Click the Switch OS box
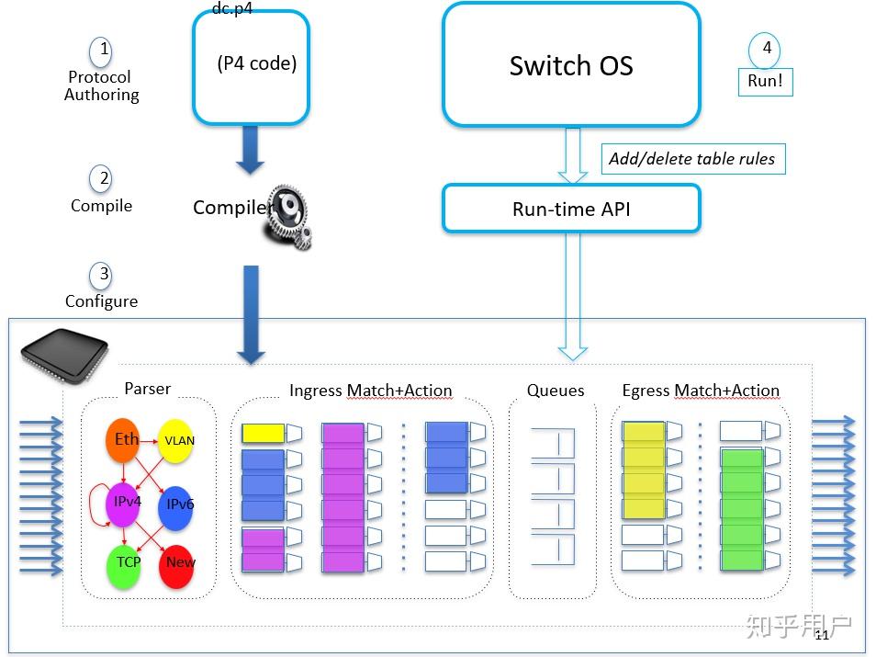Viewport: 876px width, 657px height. (571, 65)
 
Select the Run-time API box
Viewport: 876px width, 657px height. (571, 209)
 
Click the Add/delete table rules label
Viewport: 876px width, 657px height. (691, 159)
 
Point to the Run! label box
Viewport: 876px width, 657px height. (765, 81)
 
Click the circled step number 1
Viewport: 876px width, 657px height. (104, 50)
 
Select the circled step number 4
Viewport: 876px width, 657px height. (765, 48)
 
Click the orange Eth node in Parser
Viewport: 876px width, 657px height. (127, 440)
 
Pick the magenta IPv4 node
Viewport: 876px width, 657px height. (126, 502)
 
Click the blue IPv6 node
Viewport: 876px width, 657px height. (178, 504)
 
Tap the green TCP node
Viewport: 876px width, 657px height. (128, 562)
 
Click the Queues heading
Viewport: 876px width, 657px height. (556, 391)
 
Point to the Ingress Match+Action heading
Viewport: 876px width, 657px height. (370, 391)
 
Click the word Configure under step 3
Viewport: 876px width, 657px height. (101, 301)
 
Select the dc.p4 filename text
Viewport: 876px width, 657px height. (231, 8)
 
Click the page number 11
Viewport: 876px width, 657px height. (821, 635)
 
